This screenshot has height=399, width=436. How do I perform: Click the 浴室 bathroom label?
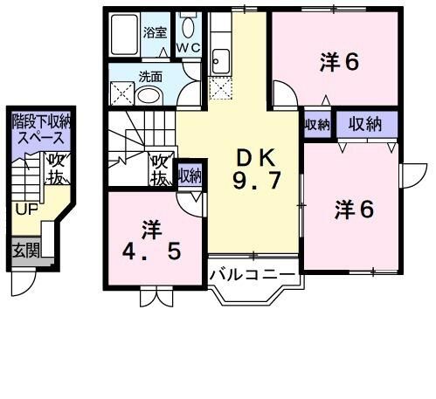tap(155, 33)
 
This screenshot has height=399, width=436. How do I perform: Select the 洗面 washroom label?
tap(149, 76)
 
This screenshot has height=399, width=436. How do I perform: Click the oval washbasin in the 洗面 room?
tap(149, 95)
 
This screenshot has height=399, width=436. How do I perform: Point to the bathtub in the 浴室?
tap(125, 36)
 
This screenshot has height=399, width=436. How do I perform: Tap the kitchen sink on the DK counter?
tap(220, 62)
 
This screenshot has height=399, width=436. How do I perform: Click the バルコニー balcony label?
tap(253, 274)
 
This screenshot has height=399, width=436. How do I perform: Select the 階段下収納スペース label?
tap(38, 129)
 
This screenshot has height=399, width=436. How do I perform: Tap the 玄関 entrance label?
tap(25, 251)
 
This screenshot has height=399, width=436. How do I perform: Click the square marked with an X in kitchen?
tap(220, 86)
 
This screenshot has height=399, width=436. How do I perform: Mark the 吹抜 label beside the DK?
tap(160, 169)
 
